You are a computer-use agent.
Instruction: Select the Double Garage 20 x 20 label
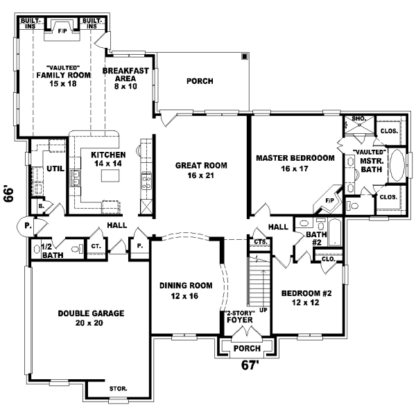(92, 318)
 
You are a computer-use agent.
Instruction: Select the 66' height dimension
(9, 193)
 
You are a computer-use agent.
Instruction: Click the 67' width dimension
(249, 365)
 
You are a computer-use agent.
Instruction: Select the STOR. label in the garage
(118, 388)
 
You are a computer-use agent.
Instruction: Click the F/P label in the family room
(61, 31)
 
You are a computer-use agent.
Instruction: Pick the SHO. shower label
(358, 119)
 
